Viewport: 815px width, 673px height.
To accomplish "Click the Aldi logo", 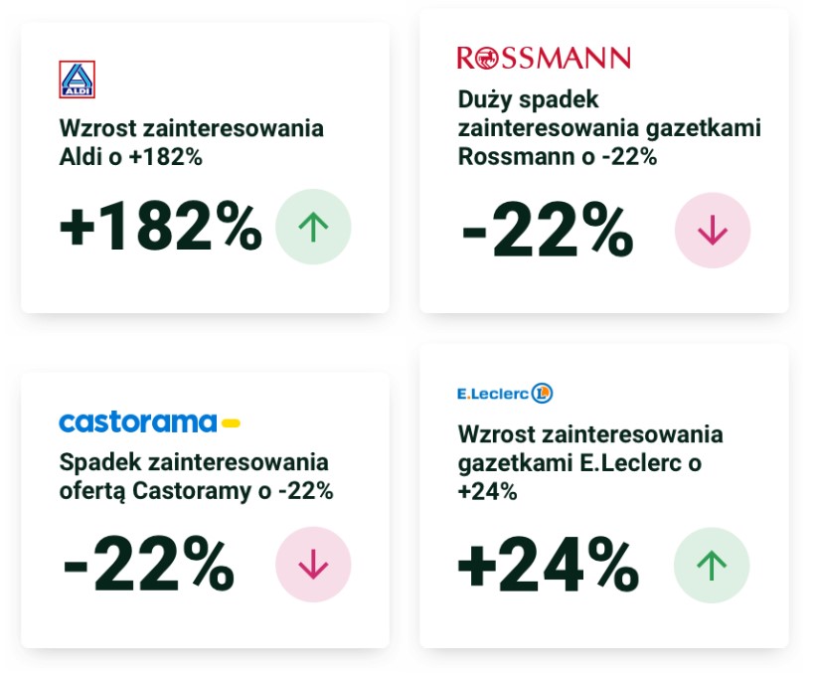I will click(x=77, y=80).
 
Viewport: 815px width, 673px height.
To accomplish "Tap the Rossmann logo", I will click(x=543, y=58).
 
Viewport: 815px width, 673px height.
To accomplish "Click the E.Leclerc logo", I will click(x=504, y=394).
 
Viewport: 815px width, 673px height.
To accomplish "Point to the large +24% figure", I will click(x=547, y=566).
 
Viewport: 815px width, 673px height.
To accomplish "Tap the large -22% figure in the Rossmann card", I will click(x=547, y=232).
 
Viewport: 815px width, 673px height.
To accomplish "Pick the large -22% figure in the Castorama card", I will click(x=149, y=566).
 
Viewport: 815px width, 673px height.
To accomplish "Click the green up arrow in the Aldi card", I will click(x=313, y=227).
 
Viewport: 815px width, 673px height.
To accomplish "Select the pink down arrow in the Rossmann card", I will click(x=712, y=231).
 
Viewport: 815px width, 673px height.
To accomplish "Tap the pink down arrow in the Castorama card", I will click(x=313, y=565).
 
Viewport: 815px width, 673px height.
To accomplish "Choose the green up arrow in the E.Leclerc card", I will click(x=712, y=566).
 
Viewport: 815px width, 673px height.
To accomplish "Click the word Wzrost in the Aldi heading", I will click(x=95, y=129).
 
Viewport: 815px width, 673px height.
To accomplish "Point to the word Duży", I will click(x=487, y=99).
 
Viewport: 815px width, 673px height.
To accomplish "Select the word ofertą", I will click(x=92, y=491).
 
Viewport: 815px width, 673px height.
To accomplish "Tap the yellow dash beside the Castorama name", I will click(x=231, y=423).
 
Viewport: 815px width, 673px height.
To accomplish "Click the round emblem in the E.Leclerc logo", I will click(x=542, y=394).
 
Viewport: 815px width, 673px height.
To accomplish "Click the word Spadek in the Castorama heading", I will click(x=99, y=462).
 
